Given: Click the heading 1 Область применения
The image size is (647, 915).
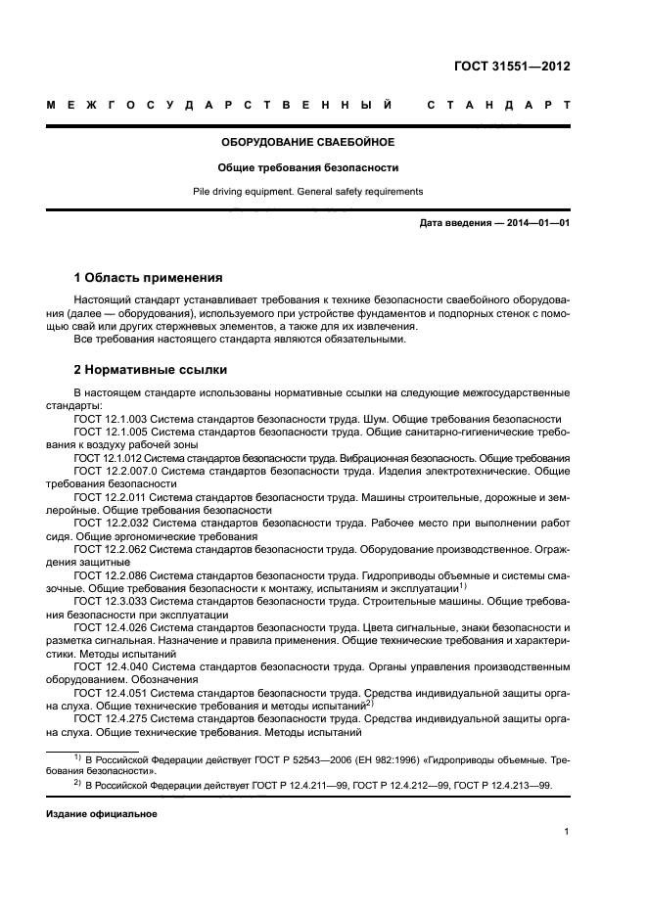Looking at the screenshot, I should coord(148,277).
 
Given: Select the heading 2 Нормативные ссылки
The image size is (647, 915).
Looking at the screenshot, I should coord(151,370).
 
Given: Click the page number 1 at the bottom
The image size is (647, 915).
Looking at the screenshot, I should coord(567,832).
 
